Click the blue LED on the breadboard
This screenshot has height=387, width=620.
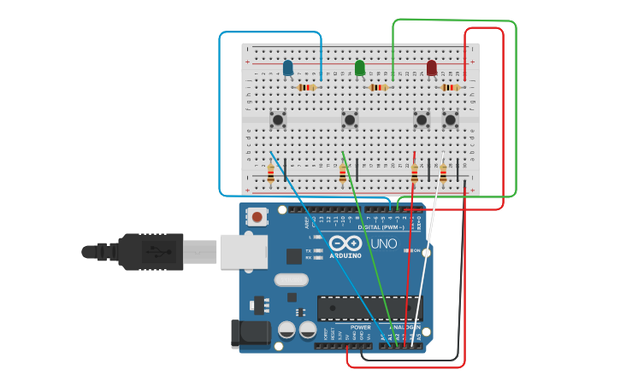(288, 67)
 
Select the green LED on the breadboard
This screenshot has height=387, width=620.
(360, 67)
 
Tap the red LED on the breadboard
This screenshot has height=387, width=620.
(432, 67)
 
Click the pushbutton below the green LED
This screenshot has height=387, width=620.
(350, 120)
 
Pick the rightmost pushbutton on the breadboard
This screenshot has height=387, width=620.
(451, 120)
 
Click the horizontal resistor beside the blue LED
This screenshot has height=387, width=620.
(307, 87)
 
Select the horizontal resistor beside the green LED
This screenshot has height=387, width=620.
(379, 87)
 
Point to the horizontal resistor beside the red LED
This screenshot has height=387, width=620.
(451, 87)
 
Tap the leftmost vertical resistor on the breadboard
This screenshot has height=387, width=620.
(271, 173)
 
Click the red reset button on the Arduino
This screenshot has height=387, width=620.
(257, 217)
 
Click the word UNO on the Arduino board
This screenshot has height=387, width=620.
(384, 244)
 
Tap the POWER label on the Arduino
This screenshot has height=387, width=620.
(361, 326)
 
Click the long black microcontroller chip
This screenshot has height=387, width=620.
(369, 308)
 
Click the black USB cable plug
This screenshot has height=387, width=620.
(150, 252)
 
